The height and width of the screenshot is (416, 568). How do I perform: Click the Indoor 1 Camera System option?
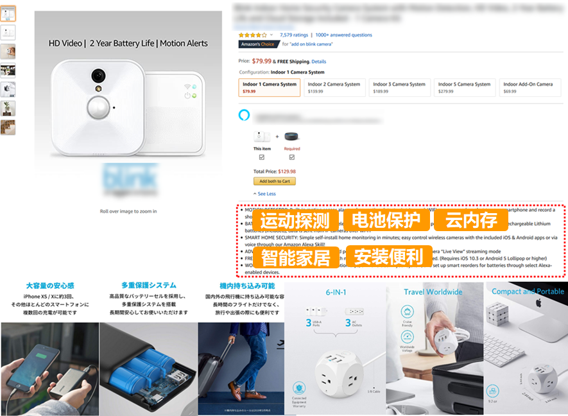pos(270,87)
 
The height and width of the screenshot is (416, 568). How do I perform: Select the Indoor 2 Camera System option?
pos(334,87)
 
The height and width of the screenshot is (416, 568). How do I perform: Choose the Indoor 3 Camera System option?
pos(399,87)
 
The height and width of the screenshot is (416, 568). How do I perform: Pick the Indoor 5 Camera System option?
pos(464,87)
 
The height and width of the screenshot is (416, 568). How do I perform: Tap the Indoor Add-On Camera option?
pos(528,87)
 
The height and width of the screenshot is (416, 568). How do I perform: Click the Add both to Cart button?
pos(275,182)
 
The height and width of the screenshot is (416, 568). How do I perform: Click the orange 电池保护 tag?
pos(386,221)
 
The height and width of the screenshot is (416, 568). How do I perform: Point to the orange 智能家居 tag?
pos(295,257)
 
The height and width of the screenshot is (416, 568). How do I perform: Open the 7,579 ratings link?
pos(294,35)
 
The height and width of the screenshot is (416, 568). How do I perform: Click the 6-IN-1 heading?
pos(336,291)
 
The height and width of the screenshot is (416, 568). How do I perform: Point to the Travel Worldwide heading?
pos(433,291)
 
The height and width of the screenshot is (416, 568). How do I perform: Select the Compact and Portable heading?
pos(528,291)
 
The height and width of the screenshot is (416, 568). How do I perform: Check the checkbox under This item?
pos(261,157)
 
